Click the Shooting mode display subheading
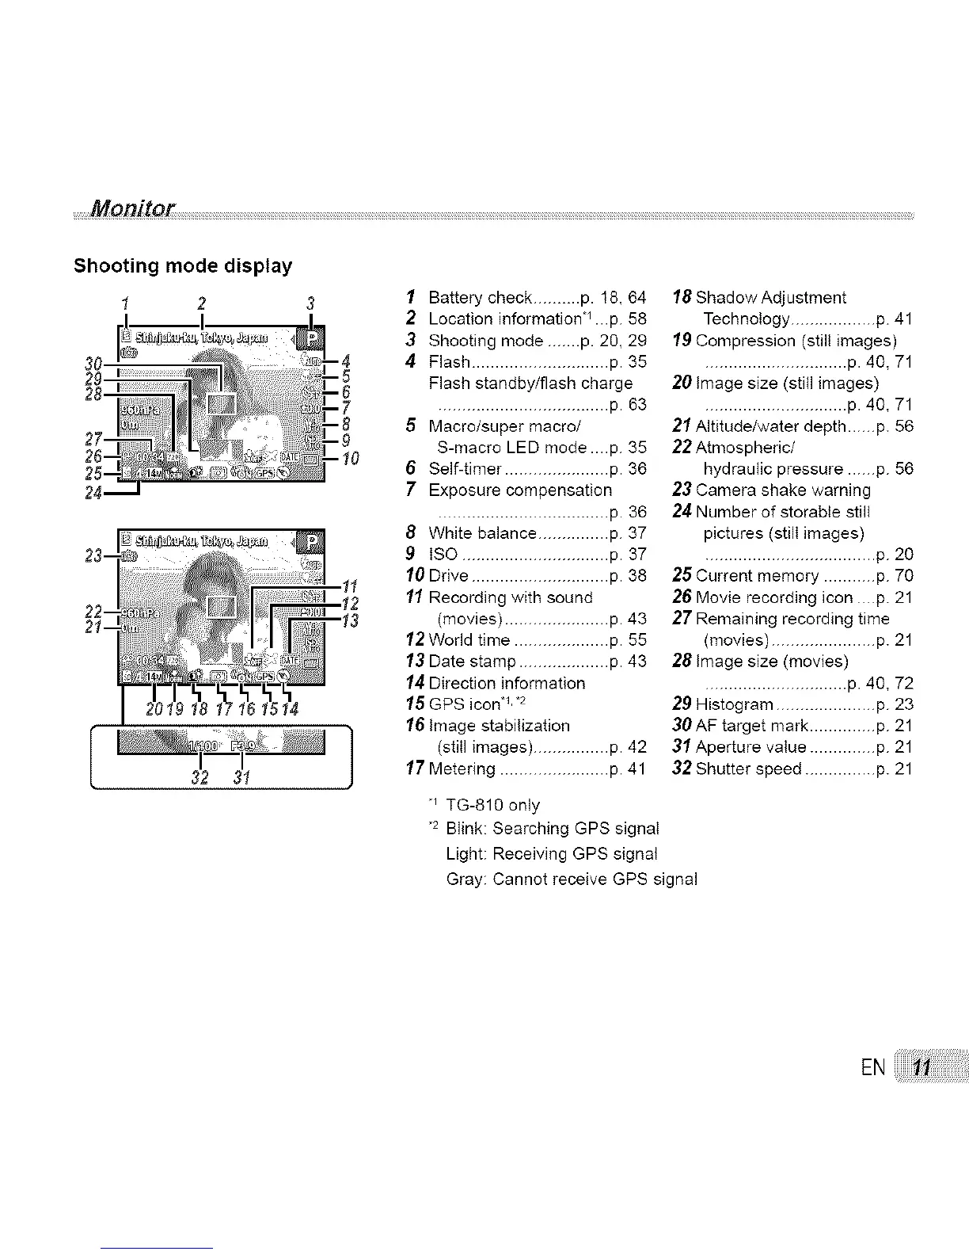coord(182,265)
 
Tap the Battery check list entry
coord(480,298)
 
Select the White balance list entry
coord(483,532)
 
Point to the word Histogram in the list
coord(734,704)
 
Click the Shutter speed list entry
coord(749,769)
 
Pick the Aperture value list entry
coord(750,747)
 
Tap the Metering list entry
coord(462,769)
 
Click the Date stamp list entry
coord(472,662)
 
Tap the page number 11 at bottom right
coord(921,1067)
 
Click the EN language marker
coord(873,1067)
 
